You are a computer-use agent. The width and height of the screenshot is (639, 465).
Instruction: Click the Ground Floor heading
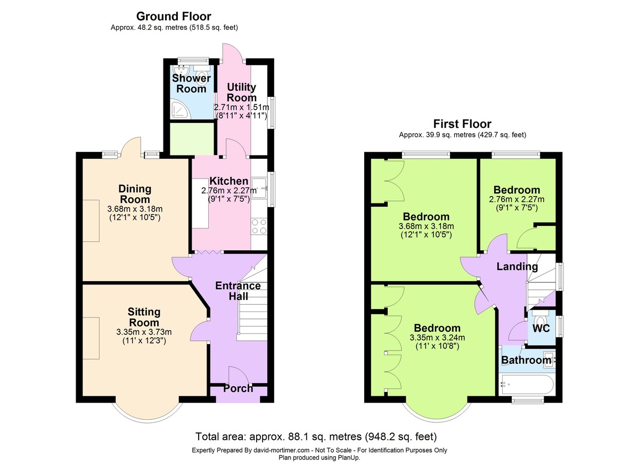click(x=174, y=17)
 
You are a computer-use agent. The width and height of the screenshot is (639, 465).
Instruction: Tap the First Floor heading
click(x=462, y=124)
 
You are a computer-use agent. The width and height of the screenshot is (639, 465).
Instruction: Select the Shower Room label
click(x=191, y=83)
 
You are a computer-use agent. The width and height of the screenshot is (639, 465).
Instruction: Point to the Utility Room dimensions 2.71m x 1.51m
click(x=242, y=107)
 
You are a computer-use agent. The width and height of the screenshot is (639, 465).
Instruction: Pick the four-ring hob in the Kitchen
click(x=259, y=226)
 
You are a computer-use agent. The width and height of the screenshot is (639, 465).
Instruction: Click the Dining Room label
click(x=135, y=194)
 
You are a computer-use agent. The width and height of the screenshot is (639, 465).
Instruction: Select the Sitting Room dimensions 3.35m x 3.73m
click(x=144, y=332)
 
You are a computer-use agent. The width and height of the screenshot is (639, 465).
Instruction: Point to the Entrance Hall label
click(x=238, y=291)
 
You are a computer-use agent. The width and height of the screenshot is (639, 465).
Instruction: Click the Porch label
click(x=238, y=388)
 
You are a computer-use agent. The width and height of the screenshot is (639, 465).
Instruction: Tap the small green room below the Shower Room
click(x=192, y=139)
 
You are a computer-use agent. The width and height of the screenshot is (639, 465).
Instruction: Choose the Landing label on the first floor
click(x=517, y=266)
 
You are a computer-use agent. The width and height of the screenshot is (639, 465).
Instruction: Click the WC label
click(x=541, y=328)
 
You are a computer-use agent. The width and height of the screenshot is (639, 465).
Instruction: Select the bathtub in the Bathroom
click(x=527, y=385)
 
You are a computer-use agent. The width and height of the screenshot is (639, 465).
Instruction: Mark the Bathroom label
click(x=526, y=360)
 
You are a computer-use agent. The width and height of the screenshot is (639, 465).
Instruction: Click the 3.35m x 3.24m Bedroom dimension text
click(x=437, y=338)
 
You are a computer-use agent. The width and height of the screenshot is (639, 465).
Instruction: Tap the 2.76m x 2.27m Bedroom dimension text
click(x=517, y=199)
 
